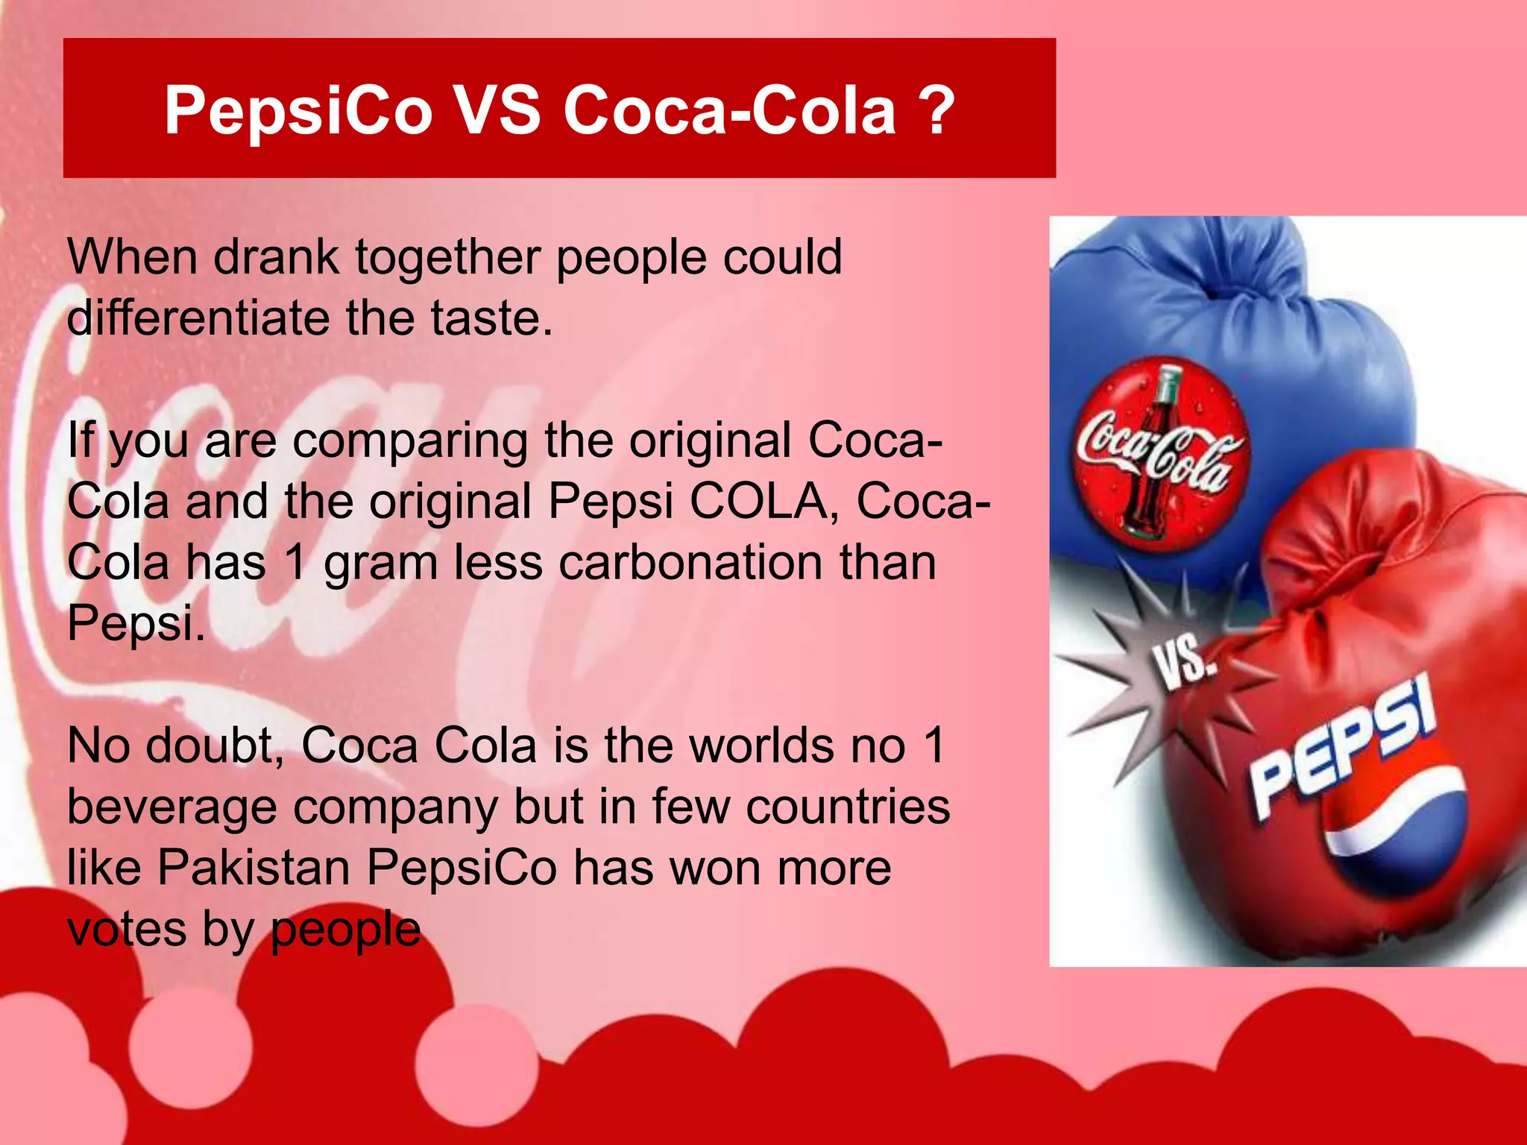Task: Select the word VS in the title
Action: [497, 110]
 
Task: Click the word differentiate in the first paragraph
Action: [198, 318]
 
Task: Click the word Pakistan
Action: [254, 868]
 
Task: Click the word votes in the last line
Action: [126, 930]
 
